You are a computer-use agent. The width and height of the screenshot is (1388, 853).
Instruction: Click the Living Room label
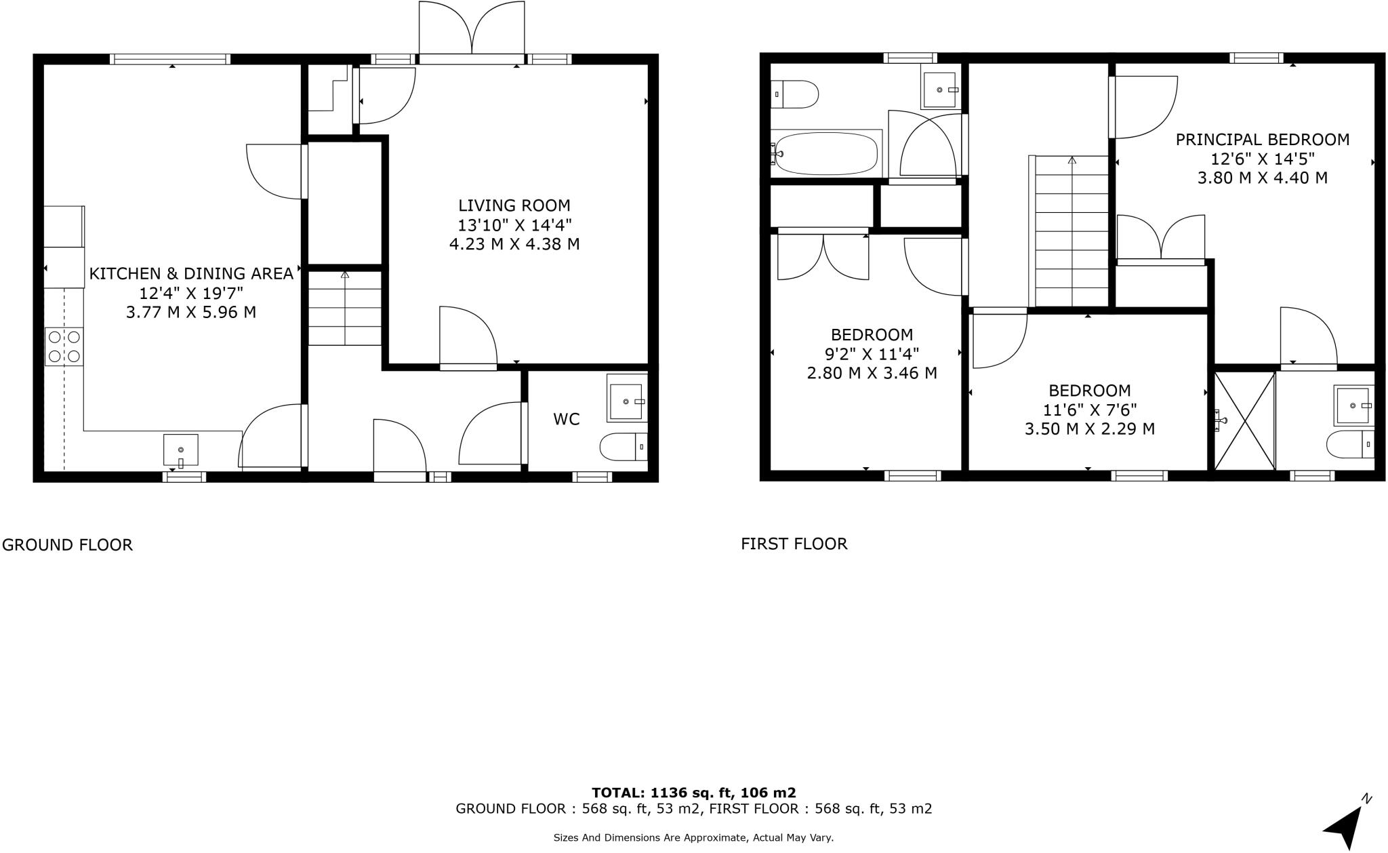pos(514,205)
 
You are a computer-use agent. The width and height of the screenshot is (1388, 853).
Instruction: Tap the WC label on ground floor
pos(566,420)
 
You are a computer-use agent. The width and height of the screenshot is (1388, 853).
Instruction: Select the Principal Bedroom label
pos(1262,140)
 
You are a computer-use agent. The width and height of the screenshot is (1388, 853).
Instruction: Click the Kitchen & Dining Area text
pos(191,274)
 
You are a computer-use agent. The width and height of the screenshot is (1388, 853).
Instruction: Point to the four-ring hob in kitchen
pos(64,346)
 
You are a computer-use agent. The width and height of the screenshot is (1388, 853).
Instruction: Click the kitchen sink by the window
pos(181,450)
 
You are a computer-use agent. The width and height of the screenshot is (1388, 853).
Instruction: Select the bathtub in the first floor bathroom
pos(826,153)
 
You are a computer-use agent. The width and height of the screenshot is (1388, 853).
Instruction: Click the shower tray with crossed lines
pos(1244,420)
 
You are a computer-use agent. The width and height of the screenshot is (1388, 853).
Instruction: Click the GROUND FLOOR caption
pos(67,545)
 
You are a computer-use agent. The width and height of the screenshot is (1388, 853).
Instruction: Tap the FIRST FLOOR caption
pos(794,544)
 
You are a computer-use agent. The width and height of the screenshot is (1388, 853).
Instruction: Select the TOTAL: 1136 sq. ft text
pos(693,793)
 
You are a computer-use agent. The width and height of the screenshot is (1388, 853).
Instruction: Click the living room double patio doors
pos(471,32)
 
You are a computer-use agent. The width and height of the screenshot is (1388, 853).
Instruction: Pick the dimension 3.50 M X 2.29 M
pos(1089,429)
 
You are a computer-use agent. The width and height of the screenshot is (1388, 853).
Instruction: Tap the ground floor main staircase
pos(345,309)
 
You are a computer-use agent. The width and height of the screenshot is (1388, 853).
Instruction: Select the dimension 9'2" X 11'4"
pos(872,354)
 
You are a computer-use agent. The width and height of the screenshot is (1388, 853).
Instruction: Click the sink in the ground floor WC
pos(626,401)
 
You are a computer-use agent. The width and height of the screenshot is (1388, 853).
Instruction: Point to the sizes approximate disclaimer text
pos(693,838)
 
